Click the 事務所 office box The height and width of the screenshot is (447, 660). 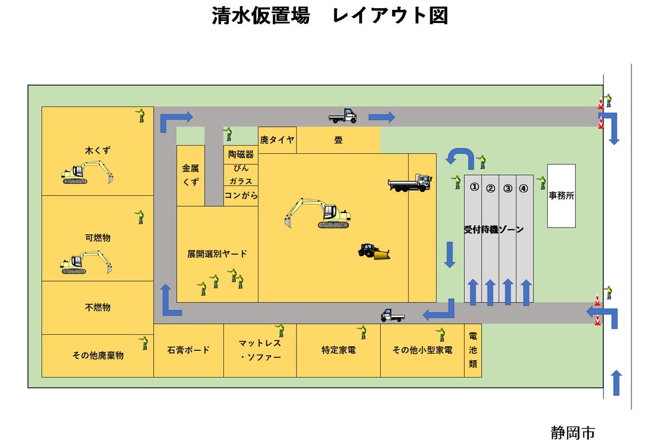tap(561, 195)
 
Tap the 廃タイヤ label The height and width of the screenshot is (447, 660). tap(277, 140)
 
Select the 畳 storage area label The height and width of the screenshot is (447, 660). tap(338, 140)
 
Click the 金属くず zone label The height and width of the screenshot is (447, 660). tap(190, 175)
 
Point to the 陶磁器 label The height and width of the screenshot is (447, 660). tap(240, 155)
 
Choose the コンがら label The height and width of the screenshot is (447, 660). tap(240, 195)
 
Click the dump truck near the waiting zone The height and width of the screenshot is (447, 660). tap(410, 183)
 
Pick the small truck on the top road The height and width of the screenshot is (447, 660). tap(343, 115)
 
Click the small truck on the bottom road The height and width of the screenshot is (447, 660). tap(393, 315)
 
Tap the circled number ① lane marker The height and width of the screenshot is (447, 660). tap(474, 187)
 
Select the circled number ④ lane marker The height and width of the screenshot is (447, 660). tap(524, 188)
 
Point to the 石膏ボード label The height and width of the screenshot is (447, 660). tap(188, 350)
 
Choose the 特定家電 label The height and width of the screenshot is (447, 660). tap(338, 350)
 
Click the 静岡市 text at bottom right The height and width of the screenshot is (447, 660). tap(572, 433)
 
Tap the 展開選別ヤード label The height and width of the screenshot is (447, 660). tap(217, 254)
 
